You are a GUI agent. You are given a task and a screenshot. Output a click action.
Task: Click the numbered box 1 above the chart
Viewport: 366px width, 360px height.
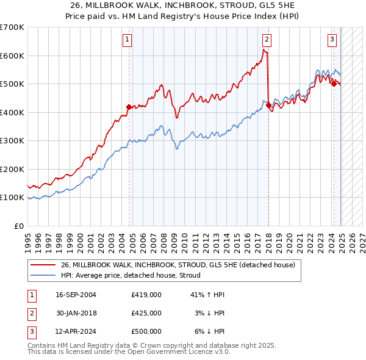pyautogui.click(x=127, y=40)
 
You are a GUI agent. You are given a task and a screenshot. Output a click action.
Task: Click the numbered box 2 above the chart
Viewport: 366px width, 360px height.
pyautogui.click(x=267, y=40)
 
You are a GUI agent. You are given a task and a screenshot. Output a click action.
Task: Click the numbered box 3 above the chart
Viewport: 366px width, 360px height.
pyautogui.click(x=332, y=40)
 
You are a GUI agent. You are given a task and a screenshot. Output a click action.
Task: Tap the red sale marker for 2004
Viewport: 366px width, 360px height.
pyautogui.click(x=129, y=107)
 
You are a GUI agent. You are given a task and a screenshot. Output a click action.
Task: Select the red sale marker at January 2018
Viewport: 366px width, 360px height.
pyautogui.click(x=268, y=105)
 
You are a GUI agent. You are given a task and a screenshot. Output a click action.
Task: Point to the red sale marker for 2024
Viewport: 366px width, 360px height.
pyautogui.click(x=334, y=84)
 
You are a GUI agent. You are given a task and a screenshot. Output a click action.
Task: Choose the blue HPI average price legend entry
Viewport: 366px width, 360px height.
pyautogui.click(x=135, y=275)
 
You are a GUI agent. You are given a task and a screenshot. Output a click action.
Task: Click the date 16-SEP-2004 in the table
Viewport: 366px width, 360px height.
pyautogui.click(x=76, y=295)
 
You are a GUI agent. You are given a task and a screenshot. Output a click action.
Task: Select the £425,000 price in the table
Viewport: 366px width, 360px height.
pyautogui.click(x=146, y=313)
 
